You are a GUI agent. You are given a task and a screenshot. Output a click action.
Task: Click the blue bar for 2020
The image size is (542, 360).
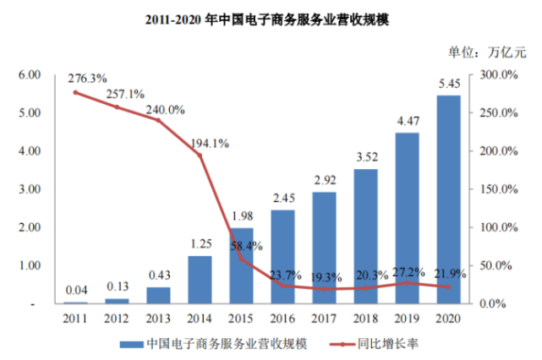pyautogui.click(x=448, y=199)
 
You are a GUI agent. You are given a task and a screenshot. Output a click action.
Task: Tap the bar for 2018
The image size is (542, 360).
pyautogui.click(x=365, y=236)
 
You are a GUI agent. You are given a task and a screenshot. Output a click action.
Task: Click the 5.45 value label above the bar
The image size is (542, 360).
pyautogui.click(x=449, y=84)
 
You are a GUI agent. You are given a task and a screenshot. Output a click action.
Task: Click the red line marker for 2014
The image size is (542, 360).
pyautogui.click(x=200, y=155)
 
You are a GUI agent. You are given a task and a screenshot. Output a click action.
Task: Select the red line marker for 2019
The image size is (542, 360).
pyautogui.click(x=407, y=283)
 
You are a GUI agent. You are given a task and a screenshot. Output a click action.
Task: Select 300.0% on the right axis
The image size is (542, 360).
pyautogui.click(x=498, y=75)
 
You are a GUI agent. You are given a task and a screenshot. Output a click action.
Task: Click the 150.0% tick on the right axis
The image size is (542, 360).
pyautogui.click(x=498, y=189)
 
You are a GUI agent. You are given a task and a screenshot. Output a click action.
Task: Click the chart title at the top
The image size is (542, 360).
pyautogui.click(x=271, y=18)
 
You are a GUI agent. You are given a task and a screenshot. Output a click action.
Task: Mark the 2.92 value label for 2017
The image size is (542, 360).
pyautogui.click(x=324, y=180)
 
